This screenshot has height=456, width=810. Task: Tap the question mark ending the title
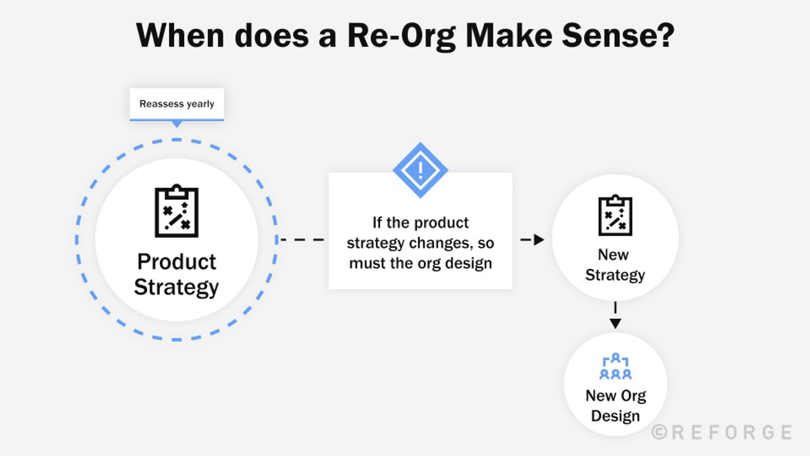click(665, 35)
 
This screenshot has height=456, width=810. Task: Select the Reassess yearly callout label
click(177, 104)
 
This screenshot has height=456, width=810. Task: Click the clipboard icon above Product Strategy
click(177, 211)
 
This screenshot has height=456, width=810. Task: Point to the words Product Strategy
click(176, 274)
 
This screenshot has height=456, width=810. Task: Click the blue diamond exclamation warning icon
click(420, 170)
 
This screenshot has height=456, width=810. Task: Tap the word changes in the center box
click(441, 243)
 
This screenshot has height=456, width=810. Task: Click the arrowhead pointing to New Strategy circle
click(539, 240)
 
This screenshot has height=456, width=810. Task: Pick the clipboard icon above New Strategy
click(615, 216)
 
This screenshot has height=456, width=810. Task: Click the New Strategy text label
click(614, 265)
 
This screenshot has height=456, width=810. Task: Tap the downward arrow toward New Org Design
click(615, 323)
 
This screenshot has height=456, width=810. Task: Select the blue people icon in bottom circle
click(615, 366)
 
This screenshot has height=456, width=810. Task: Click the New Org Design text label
click(615, 405)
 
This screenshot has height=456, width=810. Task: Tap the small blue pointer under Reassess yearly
click(177, 124)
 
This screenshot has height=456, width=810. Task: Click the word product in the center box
click(441, 222)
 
